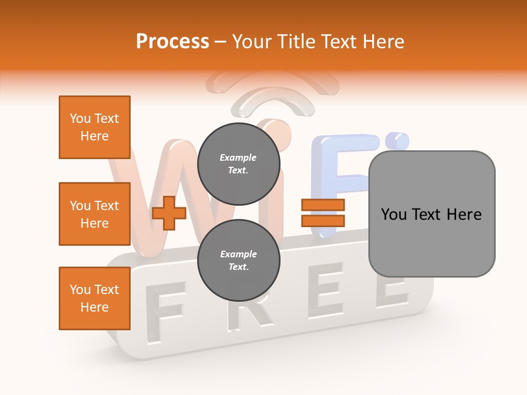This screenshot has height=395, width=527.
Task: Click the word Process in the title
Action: (172, 42)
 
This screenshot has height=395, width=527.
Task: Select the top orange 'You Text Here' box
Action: (94, 127)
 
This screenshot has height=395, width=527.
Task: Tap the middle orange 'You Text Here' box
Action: (94, 214)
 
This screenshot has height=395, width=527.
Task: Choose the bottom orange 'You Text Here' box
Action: (94, 298)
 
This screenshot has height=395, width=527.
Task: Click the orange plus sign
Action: (169, 213)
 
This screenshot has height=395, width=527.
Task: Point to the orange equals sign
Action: (323, 213)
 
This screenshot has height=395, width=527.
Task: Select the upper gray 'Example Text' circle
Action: (238, 164)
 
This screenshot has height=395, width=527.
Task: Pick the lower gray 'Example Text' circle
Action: (238, 261)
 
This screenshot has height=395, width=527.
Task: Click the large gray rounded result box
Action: (431, 213)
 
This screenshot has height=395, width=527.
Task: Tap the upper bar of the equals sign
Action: (323, 205)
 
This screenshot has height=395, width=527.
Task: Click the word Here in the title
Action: (382, 42)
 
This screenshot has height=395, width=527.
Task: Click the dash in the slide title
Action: (220, 42)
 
